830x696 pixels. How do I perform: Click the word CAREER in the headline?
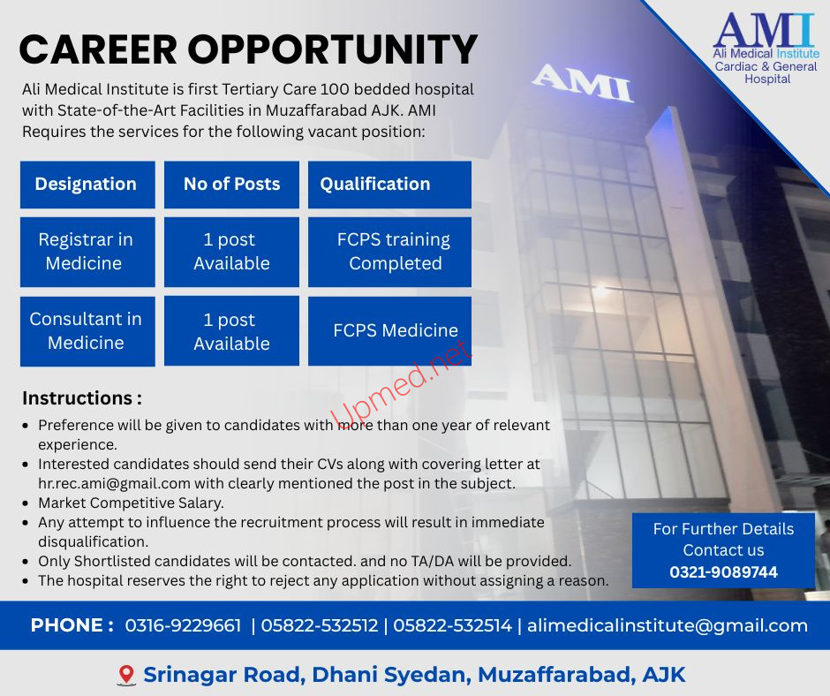(x=98, y=49)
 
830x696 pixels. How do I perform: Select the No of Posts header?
(x=231, y=185)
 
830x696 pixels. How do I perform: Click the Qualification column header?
(x=389, y=185)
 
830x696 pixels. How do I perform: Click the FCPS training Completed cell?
(x=389, y=252)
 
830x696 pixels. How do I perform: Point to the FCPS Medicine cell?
(x=389, y=331)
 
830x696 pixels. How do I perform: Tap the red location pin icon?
(x=125, y=675)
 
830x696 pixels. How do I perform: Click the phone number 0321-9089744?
(x=723, y=572)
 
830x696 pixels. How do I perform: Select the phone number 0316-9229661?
(x=183, y=625)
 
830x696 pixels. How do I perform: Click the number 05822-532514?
(x=453, y=625)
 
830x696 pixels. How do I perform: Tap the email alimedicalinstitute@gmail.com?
(x=668, y=625)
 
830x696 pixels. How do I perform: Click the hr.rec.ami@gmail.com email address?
(x=114, y=484)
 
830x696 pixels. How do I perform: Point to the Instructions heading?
(x=82, y=398)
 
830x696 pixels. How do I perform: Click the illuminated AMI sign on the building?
(x=582, y=83)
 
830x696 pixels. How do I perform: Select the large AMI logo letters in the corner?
(x=764, y=30)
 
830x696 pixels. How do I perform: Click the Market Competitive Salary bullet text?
(x=132, y=503)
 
